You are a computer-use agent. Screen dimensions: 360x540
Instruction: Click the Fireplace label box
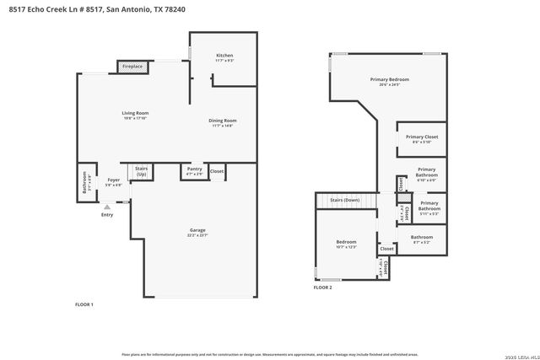pyautogui.click(x=132, y=66)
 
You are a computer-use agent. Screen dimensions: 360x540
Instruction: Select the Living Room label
pyautogui.click(x=135, y=112)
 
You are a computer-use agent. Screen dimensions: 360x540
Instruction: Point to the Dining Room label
pyautogui.click(x=223, y=120)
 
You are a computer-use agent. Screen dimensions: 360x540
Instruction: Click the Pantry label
pyautogui.click(x=194, y=169)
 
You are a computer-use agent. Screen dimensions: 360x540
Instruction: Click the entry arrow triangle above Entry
pyautogui.click(x=107, y=205)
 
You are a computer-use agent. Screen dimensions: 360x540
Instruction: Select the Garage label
pyautogui.click(x=197, y=230)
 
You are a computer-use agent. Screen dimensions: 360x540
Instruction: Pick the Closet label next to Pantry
pyautogui.click(x=217, y=171)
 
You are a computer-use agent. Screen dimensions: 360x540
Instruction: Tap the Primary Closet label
pyautogui.click(x=421, y=137)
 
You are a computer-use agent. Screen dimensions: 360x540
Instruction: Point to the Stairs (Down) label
pyautogui.click(x=344, y=200)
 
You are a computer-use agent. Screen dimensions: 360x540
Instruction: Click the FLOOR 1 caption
pyautogui.click(x=84, y=304)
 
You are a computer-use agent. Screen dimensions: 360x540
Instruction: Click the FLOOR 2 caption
pyautogui.click(x=323, y=287)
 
